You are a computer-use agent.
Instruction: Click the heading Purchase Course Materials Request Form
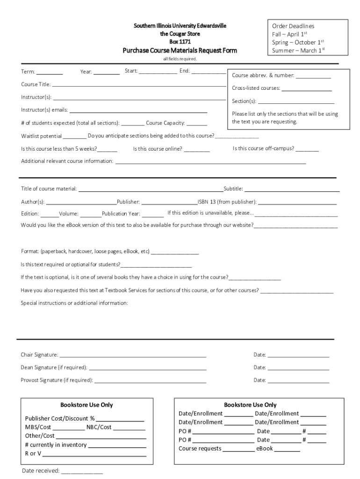180,51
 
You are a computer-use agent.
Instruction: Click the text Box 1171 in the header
180,42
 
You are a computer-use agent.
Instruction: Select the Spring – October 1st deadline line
298,43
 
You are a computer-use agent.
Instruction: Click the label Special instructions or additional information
74,303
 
